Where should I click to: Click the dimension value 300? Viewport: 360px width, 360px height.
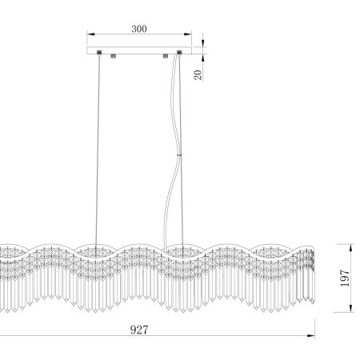click(x=139, y=29)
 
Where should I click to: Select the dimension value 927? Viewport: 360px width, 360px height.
click(x=139, y=330)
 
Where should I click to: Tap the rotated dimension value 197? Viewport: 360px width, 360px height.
click(x=345, y=278)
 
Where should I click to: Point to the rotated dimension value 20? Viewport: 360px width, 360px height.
click(x=198, y=75)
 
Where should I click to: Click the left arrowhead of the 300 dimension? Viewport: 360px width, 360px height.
click(x=91, y=34)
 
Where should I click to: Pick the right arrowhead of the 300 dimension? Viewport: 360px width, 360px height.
click(x=188, y=34)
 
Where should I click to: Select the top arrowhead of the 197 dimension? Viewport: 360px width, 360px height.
click(x=351, y=248)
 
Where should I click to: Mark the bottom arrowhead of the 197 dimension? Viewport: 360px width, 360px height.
click(x=351, y=308)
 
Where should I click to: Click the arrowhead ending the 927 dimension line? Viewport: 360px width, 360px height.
click(x=311, y=336)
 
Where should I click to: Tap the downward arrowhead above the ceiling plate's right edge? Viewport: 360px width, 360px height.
click(x=203, y=43)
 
